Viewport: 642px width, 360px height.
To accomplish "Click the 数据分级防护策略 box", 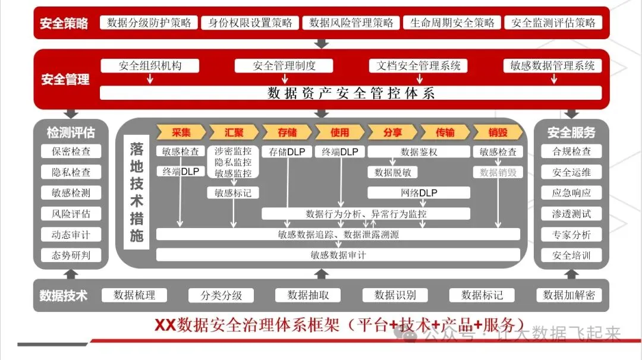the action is point(149,23).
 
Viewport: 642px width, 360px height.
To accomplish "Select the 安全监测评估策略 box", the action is point(553,23).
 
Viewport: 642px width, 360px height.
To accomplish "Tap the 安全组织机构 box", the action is point(150,66).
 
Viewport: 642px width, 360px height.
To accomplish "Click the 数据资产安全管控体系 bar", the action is point(351,93).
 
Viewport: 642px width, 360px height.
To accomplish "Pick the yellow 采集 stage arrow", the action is point(181,132).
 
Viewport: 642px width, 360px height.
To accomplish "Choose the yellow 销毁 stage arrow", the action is point(498,132).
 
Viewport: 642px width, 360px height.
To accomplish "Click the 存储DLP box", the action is point(287,152).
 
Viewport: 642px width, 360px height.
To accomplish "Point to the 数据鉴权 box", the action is point(418,152).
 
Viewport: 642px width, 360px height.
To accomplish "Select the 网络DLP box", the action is point(418,193).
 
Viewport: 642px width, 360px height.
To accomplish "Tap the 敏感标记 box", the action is point(233,193).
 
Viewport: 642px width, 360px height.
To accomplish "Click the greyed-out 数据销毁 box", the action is point(498,173).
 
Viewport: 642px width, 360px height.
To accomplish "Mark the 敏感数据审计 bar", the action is point(338,255).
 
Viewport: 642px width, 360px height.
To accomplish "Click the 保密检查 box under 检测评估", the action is point(71,151).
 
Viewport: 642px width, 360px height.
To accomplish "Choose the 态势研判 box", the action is point(71,256).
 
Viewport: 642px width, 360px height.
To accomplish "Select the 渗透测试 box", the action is point(571,214).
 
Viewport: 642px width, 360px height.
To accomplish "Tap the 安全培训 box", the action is point(571,256).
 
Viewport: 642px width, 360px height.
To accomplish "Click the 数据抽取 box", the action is point(307,295).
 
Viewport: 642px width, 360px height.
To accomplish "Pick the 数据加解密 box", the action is point(569,295).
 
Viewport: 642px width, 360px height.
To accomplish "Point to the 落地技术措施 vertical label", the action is point(137,192).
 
